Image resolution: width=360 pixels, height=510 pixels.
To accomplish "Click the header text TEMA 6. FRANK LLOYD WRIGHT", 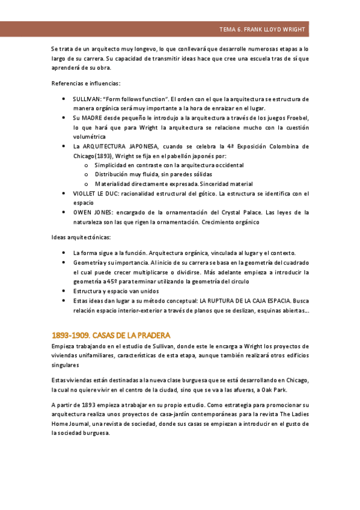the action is pyautogui.click(x=263, y=29).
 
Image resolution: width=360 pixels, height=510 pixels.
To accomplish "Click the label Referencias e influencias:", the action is pyautogui.click(x=86, y=84).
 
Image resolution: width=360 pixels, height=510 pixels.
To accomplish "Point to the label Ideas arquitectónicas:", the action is pyautogui.click(x=81, y=238).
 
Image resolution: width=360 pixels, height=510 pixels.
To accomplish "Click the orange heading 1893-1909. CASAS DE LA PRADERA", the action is pyautogui.click(x=112, y=334).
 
